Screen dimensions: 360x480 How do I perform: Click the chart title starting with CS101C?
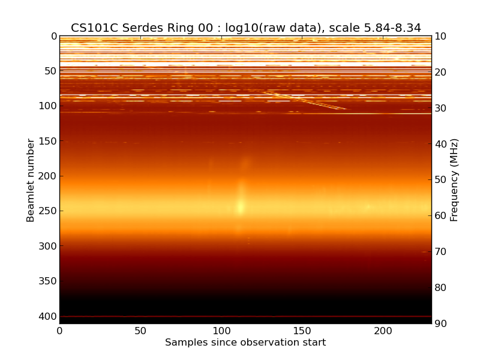pyautogui.click(x=245, y=28)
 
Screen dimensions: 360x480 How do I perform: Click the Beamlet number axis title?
pyautogui.click(x=31, y=180)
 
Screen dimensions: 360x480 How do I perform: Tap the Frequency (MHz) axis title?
pyautogui.click(x=454, y=180)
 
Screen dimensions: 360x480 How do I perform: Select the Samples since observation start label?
pyautogui.click(x=245, y=343)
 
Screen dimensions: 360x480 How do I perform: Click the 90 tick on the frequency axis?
pyautogui.click(x=441, y=324)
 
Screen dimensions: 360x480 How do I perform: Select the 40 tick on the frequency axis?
pyautogui.click(x=441, y=144)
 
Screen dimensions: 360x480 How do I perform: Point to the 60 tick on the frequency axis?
pyautogui.click(x=441, y=216)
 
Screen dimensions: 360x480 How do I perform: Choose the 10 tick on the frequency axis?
pyautogui.click(x=441, y=37)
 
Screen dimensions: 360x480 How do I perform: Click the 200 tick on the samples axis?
pyautogui.click(x=383, y=331)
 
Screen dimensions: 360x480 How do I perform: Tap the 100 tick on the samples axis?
pyautogui.click(x=221, y=331)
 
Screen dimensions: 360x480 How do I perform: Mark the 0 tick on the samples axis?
pyautogui.click(x=59, y=331)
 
